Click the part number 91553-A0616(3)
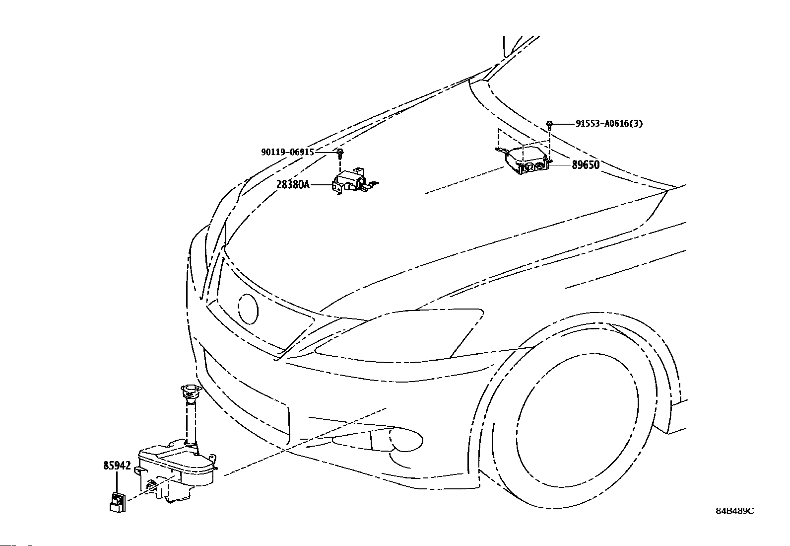coord(609,124)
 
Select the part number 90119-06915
coord(287,152)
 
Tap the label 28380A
coord(293,185)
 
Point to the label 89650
coord(586,165)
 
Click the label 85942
coord(117,466)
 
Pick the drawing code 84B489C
coord(734,511)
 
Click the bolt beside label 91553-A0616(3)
coord(550,124)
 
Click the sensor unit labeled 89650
coord(527,159)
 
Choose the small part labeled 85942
coord(118,501)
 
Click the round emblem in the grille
coord(248,309)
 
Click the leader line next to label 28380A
coord(321,185)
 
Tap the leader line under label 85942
coord(117,482)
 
